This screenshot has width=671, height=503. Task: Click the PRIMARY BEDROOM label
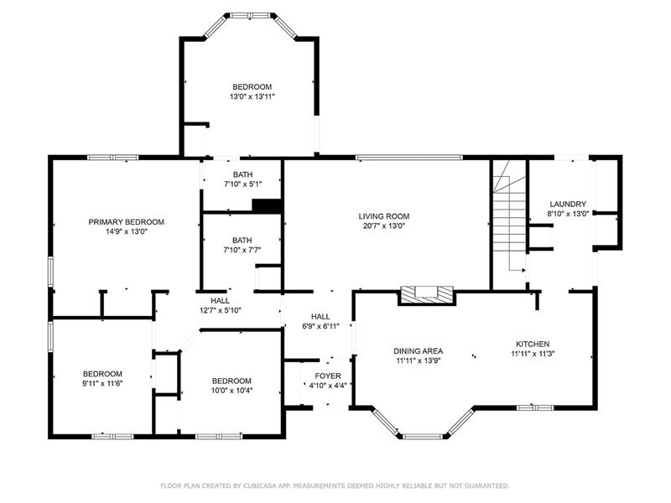127,222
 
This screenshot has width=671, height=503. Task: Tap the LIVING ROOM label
384,216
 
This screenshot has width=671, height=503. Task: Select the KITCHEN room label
533,344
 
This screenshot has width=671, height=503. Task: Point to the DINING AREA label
418,351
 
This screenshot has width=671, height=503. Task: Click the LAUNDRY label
568,204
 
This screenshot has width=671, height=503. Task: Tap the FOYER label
328,376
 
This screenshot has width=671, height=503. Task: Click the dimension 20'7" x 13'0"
384,226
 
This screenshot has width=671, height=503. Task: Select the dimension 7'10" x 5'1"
242,184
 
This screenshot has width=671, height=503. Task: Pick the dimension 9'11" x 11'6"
102,384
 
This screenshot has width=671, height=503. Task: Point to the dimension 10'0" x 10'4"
231,391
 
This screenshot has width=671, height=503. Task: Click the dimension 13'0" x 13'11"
252,96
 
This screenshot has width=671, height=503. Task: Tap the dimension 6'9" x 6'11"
320,326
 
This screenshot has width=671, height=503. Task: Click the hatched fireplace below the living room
426,295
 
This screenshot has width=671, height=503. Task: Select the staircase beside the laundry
509,222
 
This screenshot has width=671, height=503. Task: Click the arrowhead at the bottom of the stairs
523,270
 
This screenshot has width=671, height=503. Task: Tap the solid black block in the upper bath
266,205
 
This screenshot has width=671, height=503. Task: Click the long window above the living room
409,158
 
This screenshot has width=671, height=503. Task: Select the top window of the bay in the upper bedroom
250,16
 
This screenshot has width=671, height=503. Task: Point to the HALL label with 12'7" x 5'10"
220,301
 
